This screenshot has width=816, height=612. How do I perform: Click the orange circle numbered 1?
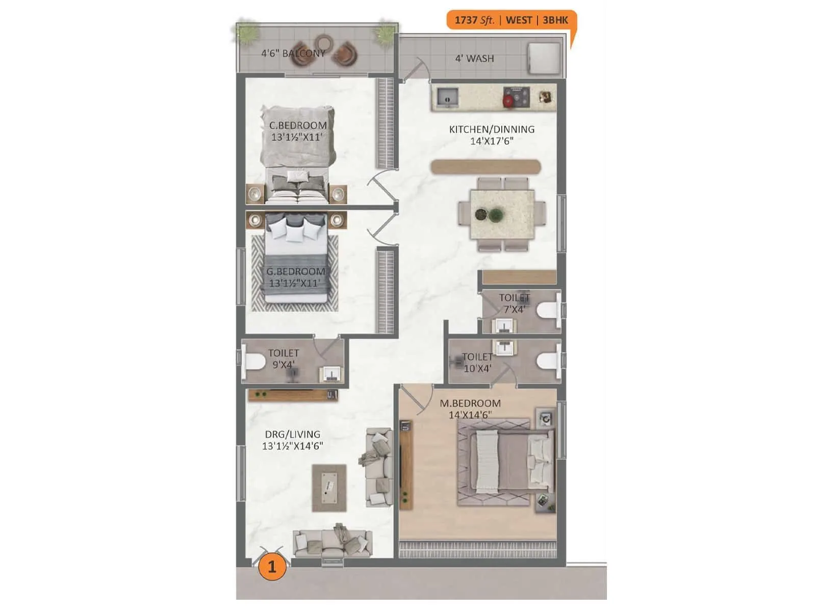point(271,567)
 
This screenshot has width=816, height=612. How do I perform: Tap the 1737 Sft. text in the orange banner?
point(474,20)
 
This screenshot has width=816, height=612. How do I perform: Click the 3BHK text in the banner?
point(555,20)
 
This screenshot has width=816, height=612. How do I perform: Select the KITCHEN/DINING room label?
point(492,130)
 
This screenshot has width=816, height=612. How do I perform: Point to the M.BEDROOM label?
point(470,403)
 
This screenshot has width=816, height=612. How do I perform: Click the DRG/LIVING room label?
point(292,435)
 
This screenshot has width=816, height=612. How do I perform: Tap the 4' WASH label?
point(474,59)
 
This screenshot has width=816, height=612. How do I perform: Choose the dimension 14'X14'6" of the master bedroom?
point(470,415)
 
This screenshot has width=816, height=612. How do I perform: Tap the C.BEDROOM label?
point(298,125)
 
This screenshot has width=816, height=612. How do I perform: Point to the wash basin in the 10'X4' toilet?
point(504,347)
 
